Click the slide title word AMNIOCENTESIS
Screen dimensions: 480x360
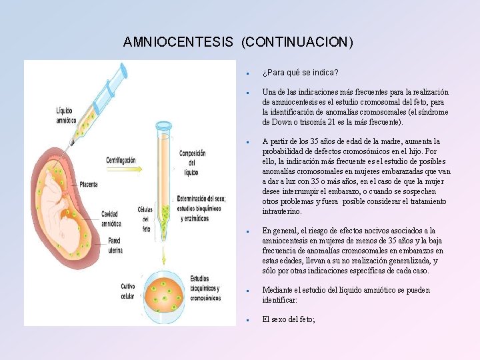178,42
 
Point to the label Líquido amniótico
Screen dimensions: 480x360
65,116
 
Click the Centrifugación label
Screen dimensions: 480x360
121,160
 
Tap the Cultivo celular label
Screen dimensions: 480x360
129,291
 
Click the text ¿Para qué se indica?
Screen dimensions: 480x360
300,72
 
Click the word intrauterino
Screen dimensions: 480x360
281,211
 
